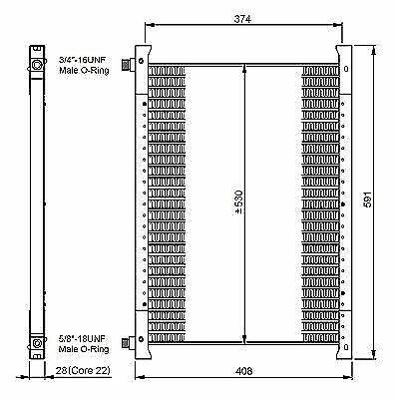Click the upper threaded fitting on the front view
click(x=128, y=66)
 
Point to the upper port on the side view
click(x=37, y=66)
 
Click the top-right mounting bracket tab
click(x=344, y=53)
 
